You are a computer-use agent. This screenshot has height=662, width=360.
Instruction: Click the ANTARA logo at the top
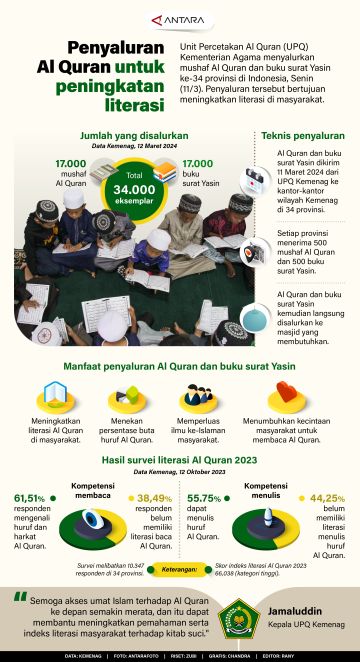tap(179, 18)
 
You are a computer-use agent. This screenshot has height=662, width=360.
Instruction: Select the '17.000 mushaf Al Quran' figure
tap(71, 171)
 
